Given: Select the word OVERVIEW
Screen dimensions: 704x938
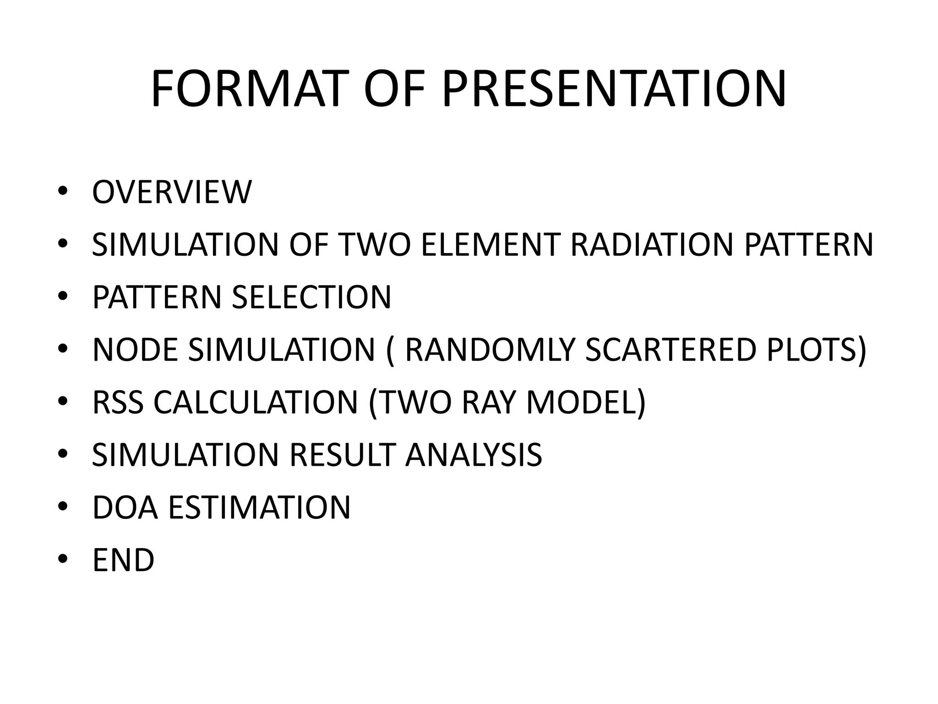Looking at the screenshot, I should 172,192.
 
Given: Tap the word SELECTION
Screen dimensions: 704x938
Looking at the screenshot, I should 311,297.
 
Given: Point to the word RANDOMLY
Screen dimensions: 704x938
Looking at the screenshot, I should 490,350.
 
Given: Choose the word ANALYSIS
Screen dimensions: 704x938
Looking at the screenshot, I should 474,455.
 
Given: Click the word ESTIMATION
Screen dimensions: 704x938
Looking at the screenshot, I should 259,508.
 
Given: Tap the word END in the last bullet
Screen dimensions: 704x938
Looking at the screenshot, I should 123,561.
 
